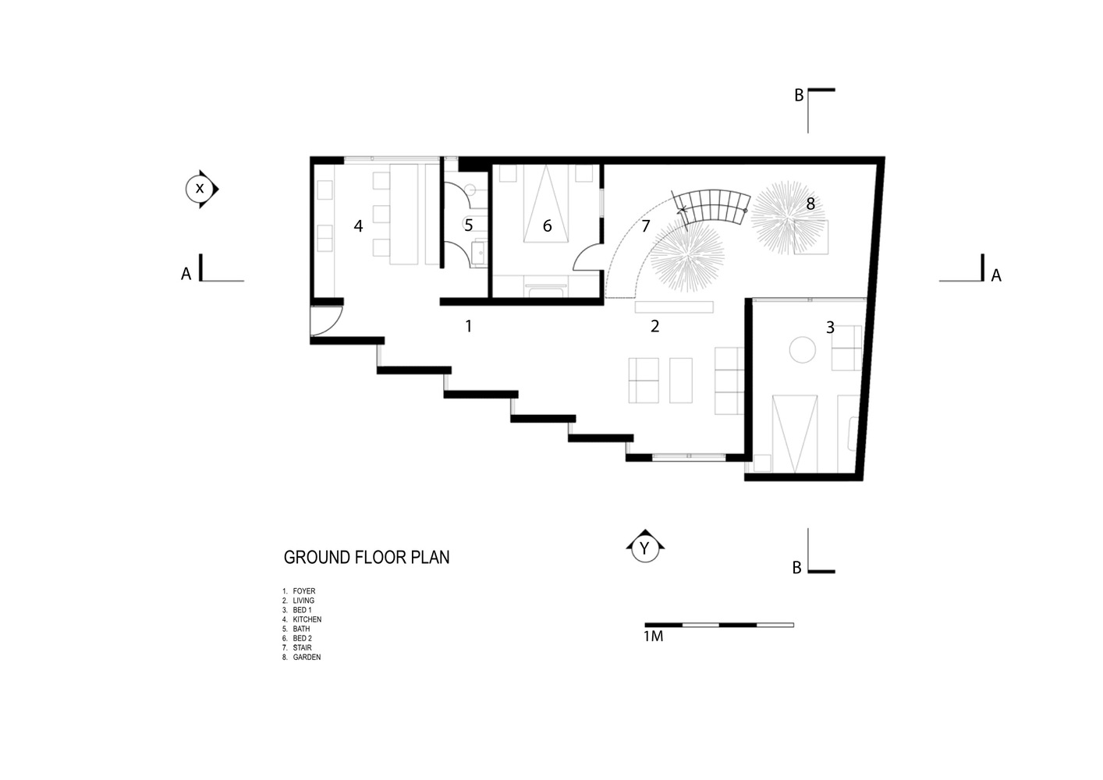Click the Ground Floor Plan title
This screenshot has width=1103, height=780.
[367, 557]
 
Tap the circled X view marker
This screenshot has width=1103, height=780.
[201, 189]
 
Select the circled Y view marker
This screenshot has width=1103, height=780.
[645, 546]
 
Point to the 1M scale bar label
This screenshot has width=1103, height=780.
[654, 636]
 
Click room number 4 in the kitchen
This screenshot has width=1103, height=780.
[359, 226]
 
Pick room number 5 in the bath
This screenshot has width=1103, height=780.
[468, 225]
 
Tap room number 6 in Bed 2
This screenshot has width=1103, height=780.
[547, 226]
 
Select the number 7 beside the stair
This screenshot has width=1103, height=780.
[646, 226]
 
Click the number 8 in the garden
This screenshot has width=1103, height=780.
[810, 204]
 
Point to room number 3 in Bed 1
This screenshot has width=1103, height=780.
[830, 327]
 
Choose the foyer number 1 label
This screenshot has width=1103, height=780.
[469, 325]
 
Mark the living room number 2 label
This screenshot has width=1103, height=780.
[655, 325]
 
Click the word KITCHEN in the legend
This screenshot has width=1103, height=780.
[307, 619]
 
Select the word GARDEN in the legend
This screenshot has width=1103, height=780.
[307, 657]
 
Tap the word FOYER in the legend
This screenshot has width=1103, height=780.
[303, 591]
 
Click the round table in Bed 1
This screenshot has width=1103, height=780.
[802, 349]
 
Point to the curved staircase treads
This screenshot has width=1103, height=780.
[712, 207]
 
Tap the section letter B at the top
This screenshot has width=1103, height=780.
[800, 95]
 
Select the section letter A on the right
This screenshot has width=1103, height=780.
[996, 275]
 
